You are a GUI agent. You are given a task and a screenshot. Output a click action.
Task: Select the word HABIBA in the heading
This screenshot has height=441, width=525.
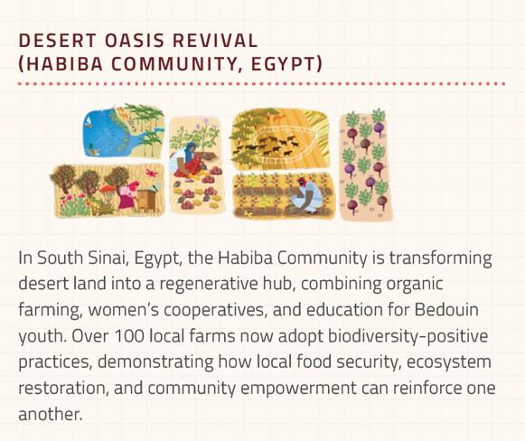[65, 64]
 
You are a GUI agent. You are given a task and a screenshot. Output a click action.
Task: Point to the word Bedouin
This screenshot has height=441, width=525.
[446, 310]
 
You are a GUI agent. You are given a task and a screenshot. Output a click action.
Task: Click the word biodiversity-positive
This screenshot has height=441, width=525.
[408, 336]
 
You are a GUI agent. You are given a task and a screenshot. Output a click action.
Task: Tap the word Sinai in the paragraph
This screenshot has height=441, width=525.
[108, 258]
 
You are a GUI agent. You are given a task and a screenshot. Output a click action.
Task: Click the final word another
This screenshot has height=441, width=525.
[51, 414]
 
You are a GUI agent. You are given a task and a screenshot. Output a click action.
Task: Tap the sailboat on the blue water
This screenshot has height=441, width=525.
[89, 125]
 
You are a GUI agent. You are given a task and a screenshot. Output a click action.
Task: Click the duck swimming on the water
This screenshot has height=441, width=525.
[91, 149]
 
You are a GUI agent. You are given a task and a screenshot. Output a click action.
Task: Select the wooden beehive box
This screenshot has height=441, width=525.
[146, 200]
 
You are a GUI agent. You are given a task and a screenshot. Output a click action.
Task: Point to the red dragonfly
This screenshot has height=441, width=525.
[151, 174]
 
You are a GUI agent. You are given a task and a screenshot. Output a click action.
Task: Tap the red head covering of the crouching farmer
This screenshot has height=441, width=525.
[302, 183]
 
